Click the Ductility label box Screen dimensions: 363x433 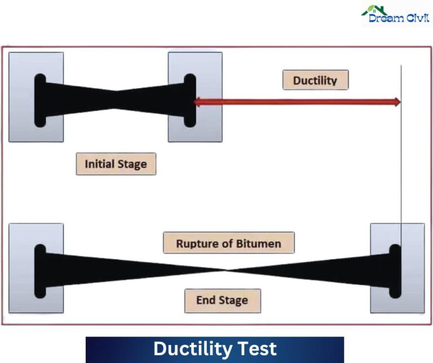point(316,80)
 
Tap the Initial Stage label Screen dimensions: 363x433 point(116,165)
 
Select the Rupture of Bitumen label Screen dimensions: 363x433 point(228,244)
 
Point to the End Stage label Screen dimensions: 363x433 point(222,300)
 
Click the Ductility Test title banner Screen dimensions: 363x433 point(215,349)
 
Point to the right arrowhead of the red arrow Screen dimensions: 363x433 point(396,102)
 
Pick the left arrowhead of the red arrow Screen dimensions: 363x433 point(197,102)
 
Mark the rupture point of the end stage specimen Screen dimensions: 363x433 point(226,270)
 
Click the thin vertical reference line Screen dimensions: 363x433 point(401,169)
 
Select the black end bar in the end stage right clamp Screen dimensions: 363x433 point(395,271)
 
